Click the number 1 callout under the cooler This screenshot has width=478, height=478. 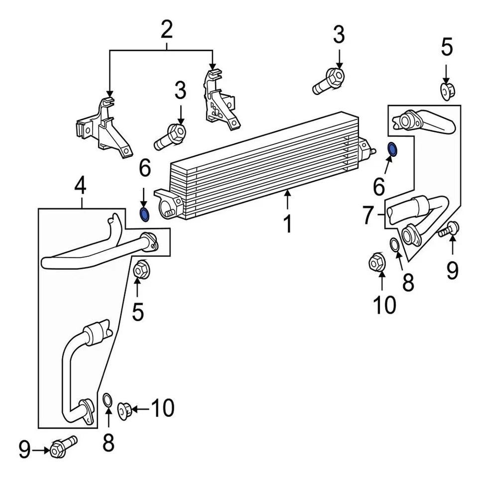click(287, 224)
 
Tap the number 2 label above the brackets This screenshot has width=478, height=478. click(166, 31)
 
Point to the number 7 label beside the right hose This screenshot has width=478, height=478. click(368, 216)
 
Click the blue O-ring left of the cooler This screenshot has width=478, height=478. click(144, 215)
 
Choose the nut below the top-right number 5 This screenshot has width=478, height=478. click(446, 91)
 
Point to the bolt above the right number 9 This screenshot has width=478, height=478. click(449, 230)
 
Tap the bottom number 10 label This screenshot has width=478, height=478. click(162, 408)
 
